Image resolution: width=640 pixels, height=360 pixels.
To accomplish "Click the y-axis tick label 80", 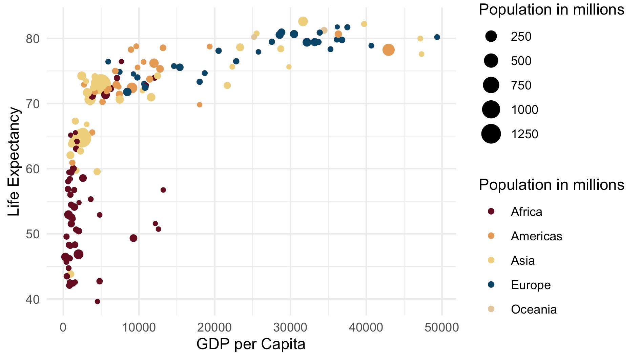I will pyautogui.click(x=33, y=39).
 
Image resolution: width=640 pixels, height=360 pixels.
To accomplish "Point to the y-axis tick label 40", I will pyautogui.click(x=33, y=299).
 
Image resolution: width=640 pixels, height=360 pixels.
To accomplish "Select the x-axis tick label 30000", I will pyautogui.click(x=290, y=327).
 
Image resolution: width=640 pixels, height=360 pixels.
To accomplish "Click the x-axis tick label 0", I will pyautogui.click(x=63, y=327).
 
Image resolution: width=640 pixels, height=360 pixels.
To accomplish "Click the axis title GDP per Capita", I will pyautogui.click(x=251, y=344).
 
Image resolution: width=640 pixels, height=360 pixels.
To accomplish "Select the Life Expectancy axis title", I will pyautogui.click(x=14, y=161).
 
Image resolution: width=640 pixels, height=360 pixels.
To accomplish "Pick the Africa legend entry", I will pyautogui.click(x=526, y=212).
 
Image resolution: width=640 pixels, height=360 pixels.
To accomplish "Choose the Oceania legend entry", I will pyautogui.click(x=534, y=309).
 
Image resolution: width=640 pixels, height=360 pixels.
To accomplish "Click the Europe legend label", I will pyautogui.click(x=531, y=285).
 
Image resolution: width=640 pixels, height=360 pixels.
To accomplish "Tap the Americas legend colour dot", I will pyautogui.click(x=491, y=236).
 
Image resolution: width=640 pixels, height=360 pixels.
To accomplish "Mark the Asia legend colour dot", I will pyautogui.click(x=491, y=260).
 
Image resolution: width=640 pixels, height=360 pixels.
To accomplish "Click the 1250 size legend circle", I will pyautogui.click(x=491, y=134).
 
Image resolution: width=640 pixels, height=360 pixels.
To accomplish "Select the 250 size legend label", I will pyautogui.click(x=521, y=37).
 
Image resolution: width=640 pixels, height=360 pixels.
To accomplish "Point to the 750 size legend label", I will pyautogui.click(x=521, y=85).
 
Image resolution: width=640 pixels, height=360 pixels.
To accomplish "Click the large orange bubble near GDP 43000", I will pyautogui.click(x=389, y=50).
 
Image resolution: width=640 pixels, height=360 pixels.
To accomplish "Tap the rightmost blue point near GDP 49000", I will pyautogui.click(x=437, y=37).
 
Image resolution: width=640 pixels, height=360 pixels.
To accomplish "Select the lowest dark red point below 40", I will pyautogui.click(x=98, y=301).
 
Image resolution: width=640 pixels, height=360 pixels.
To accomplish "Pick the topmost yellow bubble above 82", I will pyautogui.click(x=303, y=22).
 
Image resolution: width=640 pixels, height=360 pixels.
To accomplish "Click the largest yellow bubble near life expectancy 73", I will pyautogui.click(x=100, y=84).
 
